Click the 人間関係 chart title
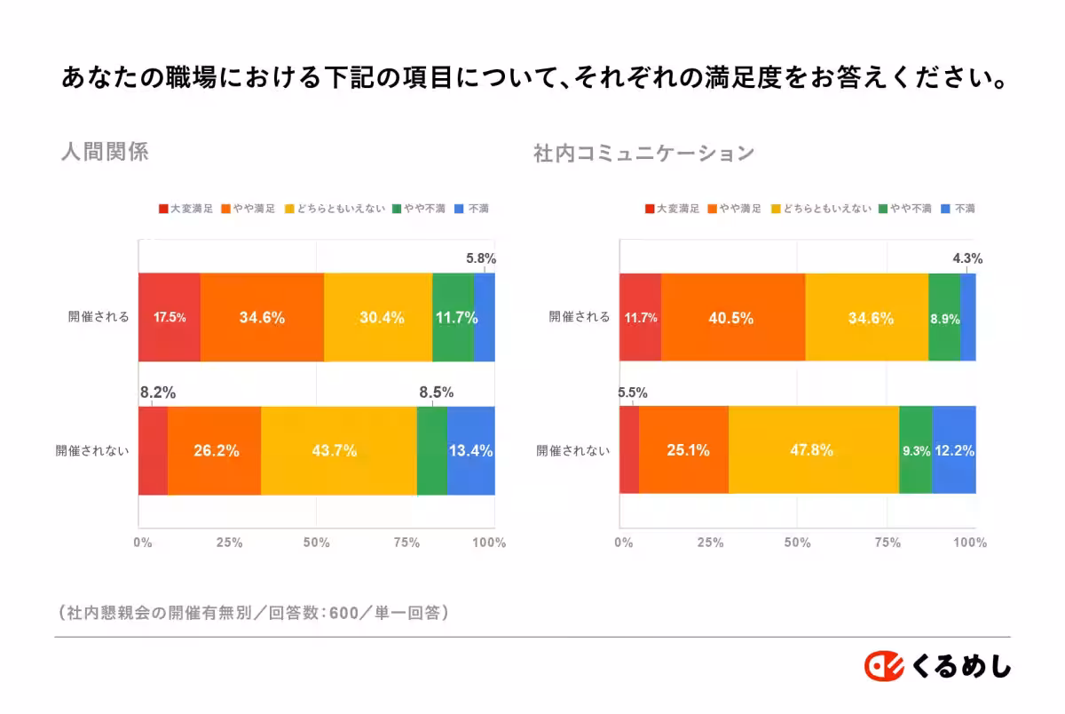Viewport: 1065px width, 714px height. click(x=105, y=152)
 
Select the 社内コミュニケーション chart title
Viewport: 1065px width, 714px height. click(x=643, y=153)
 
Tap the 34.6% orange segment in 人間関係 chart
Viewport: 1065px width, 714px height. click(x=262, y=317)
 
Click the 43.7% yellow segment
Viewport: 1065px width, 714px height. click(x=338, y=450)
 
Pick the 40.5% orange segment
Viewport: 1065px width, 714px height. click(x=732, y=317)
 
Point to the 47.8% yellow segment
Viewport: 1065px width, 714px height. click(x=813, y=450)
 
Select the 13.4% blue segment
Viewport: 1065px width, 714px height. click(x=470, y=450)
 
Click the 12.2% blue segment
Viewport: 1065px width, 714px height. click(x=954, y=450)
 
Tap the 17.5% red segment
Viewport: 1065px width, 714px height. click(x=170, y=317)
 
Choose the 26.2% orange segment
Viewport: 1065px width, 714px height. click(x=215, y=450)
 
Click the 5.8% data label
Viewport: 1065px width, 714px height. click(x=481, y=259)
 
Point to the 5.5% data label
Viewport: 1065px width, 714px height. click(x=632, y=392)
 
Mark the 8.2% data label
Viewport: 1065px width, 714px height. click(x=157, y=392)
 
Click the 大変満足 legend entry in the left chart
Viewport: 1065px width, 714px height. click(x=185, y=210)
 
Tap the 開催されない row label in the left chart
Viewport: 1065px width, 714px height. click(x=92, y=450)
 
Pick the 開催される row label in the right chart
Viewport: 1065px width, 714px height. click(x=580, y=317)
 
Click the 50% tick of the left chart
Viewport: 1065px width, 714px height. click(x=317, y=543)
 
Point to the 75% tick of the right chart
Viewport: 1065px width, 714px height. click(x=886, y=543)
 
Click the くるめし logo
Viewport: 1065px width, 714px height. click(x=938, y=665)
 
